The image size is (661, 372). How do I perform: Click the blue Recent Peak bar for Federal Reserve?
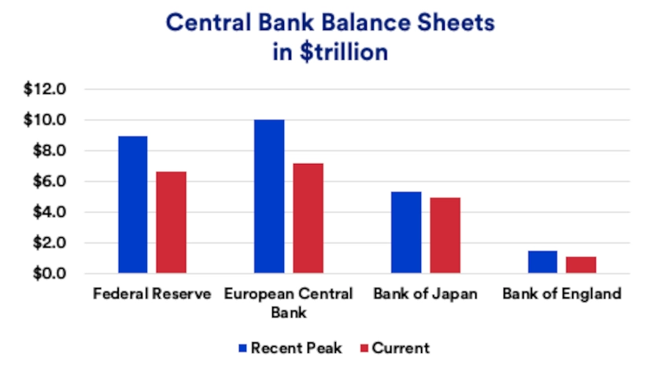point(132,205)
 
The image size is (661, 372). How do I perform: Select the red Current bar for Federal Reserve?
point(171,222)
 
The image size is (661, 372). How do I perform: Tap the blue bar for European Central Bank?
point(269,196)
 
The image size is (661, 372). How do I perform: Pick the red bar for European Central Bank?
point(308,218)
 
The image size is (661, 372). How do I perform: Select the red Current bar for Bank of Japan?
point(445,236)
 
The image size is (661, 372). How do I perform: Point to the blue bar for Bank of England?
point(543,262)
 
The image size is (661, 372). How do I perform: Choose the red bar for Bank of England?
point(582,265)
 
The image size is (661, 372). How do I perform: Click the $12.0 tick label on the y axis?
point(45,89)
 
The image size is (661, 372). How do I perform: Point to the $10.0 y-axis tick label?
point(45,120)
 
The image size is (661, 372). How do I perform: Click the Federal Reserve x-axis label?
point(152,295)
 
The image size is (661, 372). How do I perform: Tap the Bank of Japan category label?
point(425,295)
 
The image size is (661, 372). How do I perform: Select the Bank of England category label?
point(562,295)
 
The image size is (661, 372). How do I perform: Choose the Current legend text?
point(401,348)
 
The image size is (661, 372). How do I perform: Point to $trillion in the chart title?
point(345,53)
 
